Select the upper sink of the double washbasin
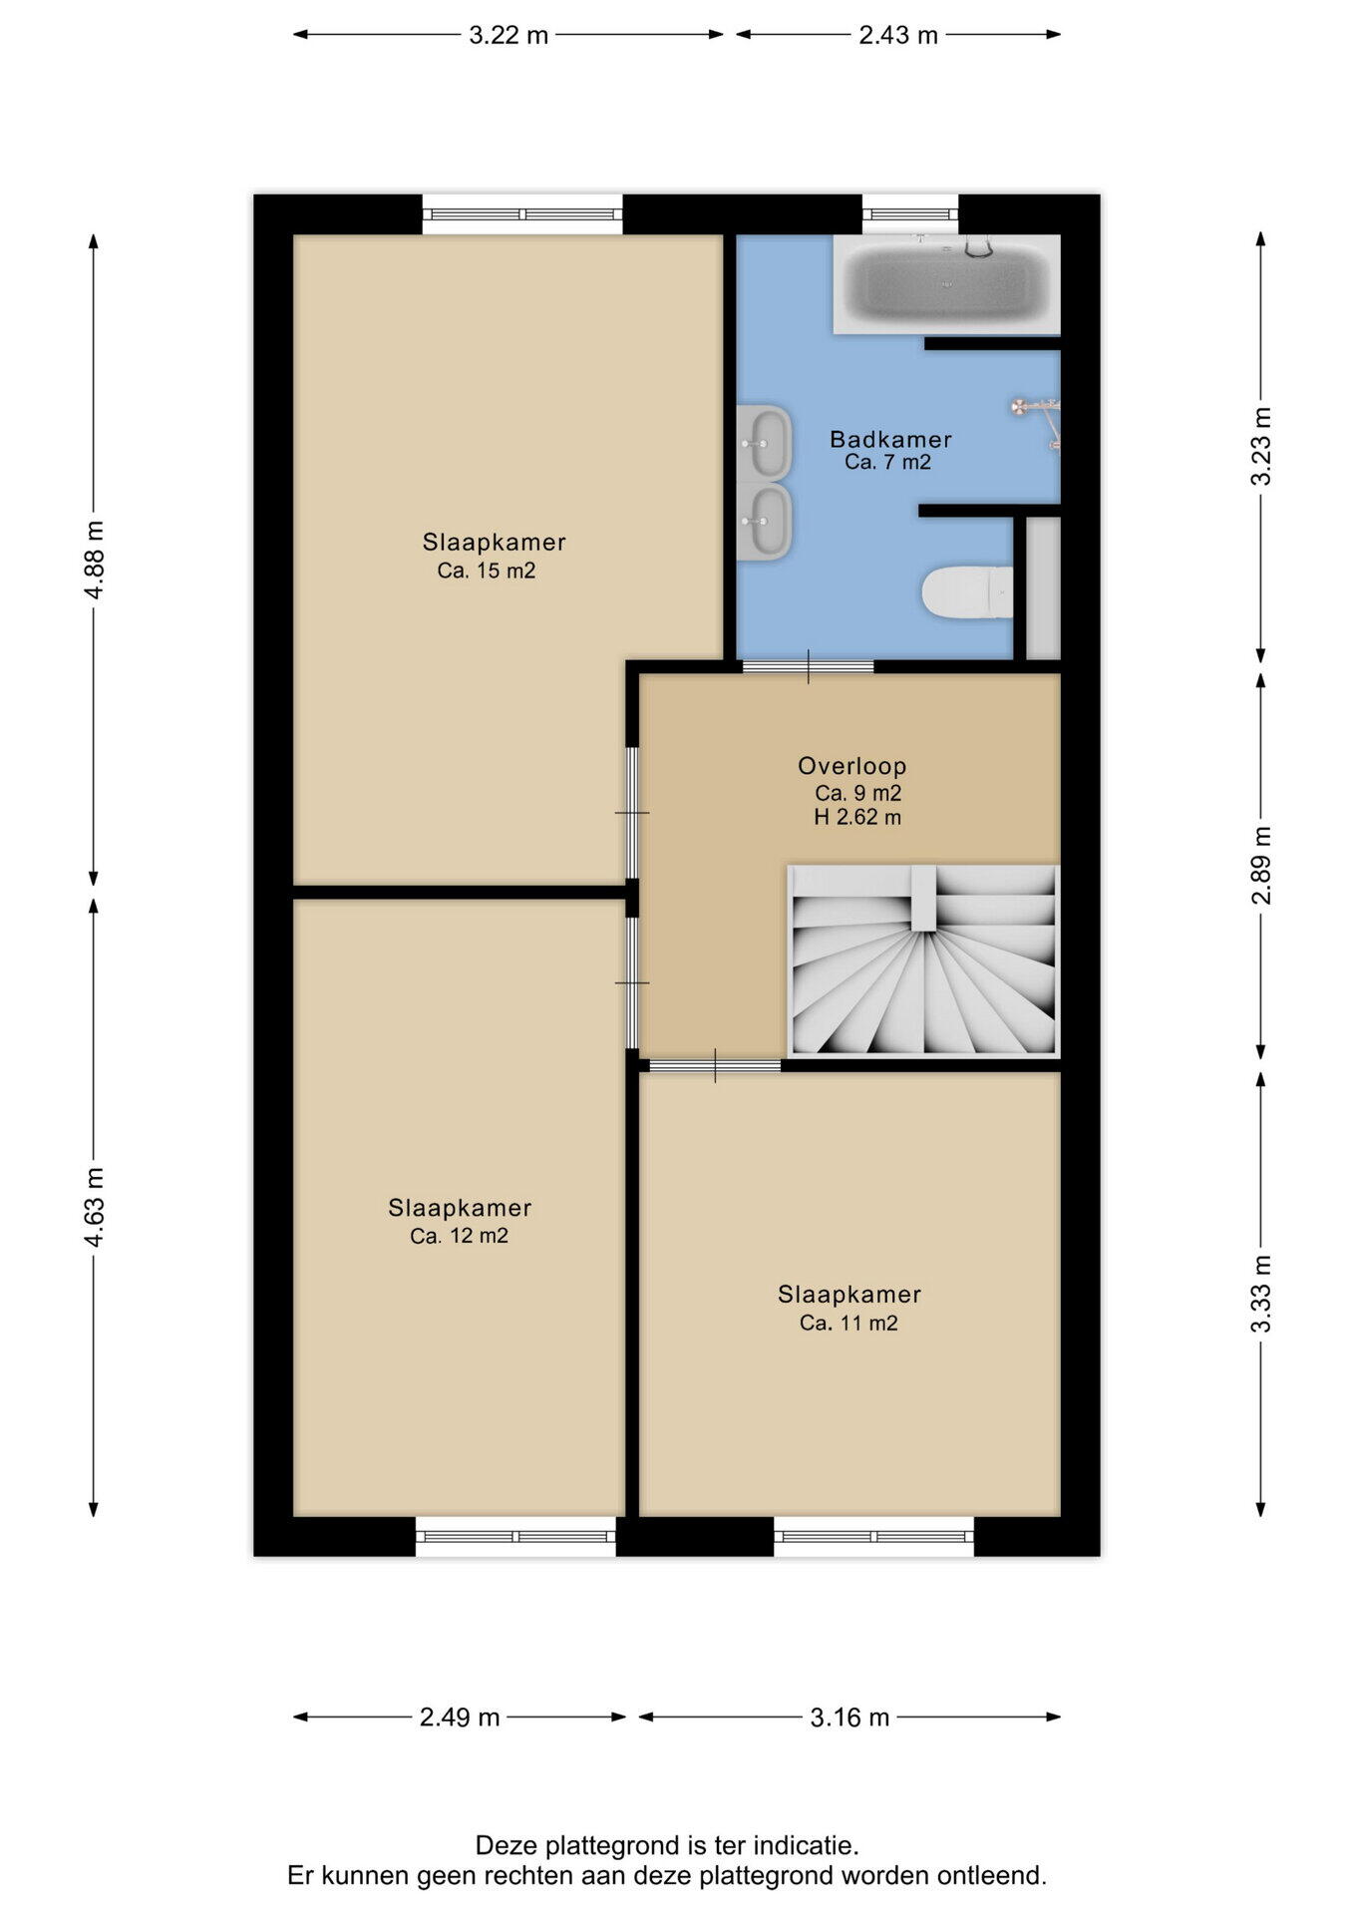[765, 442]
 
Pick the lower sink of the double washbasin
[765, 522]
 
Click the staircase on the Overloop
[923, 960]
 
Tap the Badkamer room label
[890, 439]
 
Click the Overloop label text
[851, 766]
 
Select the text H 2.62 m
[857, 818]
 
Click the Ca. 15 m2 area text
[487, 572]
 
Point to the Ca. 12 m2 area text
[459, 1237]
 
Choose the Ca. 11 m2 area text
[848, 1324]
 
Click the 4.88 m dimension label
[94, 560]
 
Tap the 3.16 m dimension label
[849, 1717]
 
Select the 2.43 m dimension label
[898, 35]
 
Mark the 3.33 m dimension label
[1261, 1294]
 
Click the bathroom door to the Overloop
[809, 666]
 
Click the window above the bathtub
[909, 214]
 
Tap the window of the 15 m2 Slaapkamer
[522, 214]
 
